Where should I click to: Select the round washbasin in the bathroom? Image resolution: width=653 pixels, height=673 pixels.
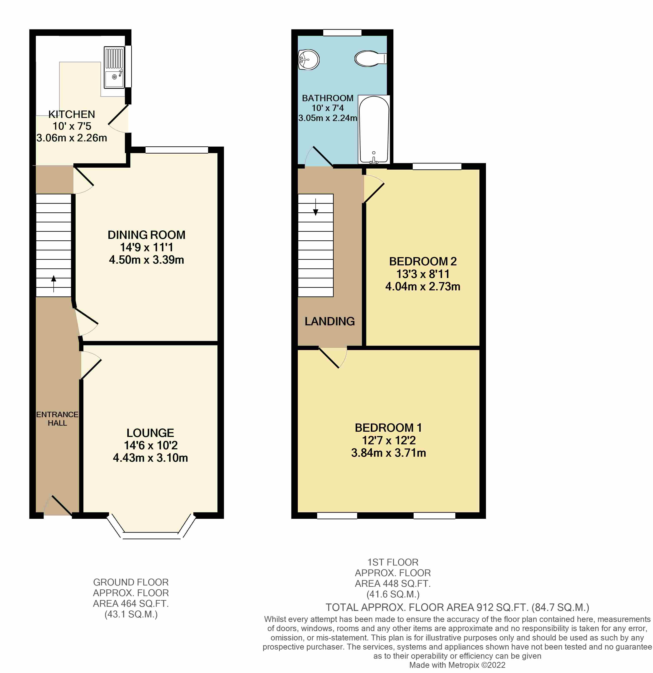click(308, 60)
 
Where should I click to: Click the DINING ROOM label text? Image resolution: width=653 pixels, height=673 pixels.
click(146, 235)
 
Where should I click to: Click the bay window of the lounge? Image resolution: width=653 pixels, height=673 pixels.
click(151, 535)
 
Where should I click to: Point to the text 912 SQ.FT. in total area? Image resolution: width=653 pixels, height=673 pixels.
click(502, 607)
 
